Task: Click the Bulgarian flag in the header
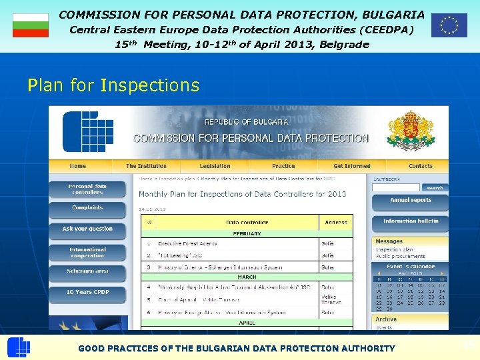[31, 25]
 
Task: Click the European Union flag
[449, 25]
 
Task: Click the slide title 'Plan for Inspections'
[113, 85]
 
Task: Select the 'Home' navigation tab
[78, 166]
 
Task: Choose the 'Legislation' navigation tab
[215, 166]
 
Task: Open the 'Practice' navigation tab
[283, 166]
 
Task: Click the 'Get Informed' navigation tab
[352, 166]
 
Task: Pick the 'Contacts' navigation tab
[420, 166]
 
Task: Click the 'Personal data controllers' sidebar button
[87, 189]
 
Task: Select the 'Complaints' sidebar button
[87, 208]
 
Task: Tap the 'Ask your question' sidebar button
[87, 229]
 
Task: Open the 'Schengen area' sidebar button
[87, 271]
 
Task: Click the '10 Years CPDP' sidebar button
[87, 292]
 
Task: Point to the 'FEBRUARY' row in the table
[246, 234]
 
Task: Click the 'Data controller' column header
[247, 223]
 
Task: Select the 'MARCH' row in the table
[246, 277]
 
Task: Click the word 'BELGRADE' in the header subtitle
[344, 45]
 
